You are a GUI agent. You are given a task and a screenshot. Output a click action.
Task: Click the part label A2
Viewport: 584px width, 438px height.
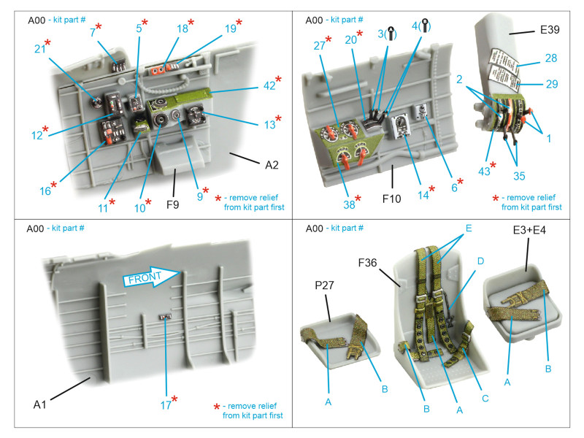(272, 165)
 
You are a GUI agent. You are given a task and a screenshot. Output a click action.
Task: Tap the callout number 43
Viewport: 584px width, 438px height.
(484, 170)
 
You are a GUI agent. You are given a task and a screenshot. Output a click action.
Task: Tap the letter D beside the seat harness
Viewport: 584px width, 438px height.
(480, 261)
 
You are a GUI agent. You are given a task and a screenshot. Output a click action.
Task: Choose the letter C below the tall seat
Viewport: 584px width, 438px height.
(485, 398)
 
